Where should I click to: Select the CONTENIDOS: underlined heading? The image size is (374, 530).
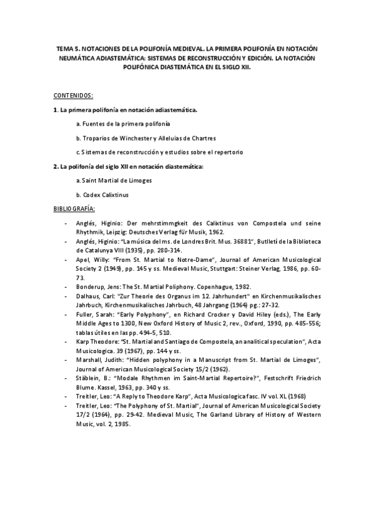point(74,95)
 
